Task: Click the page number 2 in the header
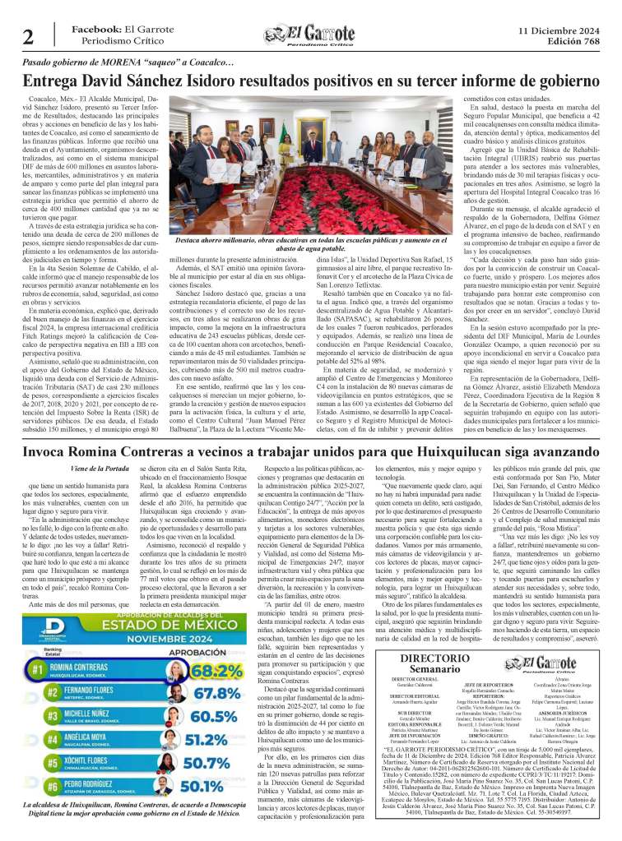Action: (27, 37)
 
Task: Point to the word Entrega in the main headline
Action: (53, 81)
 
